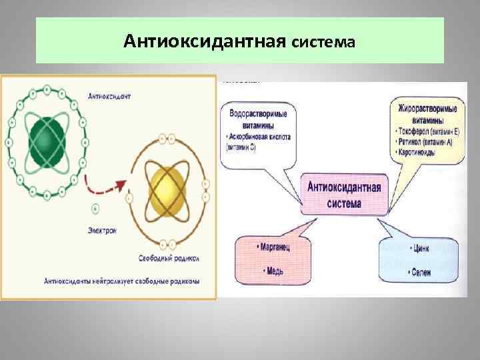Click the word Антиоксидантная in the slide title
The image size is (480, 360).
[x=205, y=42]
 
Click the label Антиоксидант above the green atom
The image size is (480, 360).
[x=110, y=96]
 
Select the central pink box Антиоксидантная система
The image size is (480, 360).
[x=344, y=195]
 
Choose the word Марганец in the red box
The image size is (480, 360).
[x=273, y=246]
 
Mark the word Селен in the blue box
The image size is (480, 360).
[x=421, y=273]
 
